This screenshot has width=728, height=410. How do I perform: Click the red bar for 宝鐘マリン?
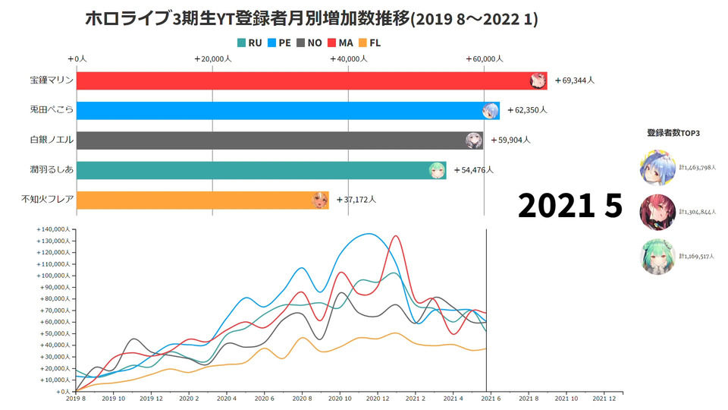303,80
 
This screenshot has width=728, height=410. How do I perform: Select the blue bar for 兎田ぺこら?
281,110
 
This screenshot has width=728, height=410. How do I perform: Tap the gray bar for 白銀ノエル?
273,140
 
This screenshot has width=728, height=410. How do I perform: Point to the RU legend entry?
249,43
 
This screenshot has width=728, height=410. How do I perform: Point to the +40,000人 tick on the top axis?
349,58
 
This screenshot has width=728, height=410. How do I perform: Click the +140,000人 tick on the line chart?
53,229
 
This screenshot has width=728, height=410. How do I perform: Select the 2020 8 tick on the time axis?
303,398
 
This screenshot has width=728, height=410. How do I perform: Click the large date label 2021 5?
570,206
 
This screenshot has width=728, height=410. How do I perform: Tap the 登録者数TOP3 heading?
673,133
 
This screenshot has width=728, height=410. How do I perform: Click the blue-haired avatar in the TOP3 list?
657,168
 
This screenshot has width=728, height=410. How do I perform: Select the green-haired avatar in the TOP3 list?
657,256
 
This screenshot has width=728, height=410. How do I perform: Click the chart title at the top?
311,18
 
